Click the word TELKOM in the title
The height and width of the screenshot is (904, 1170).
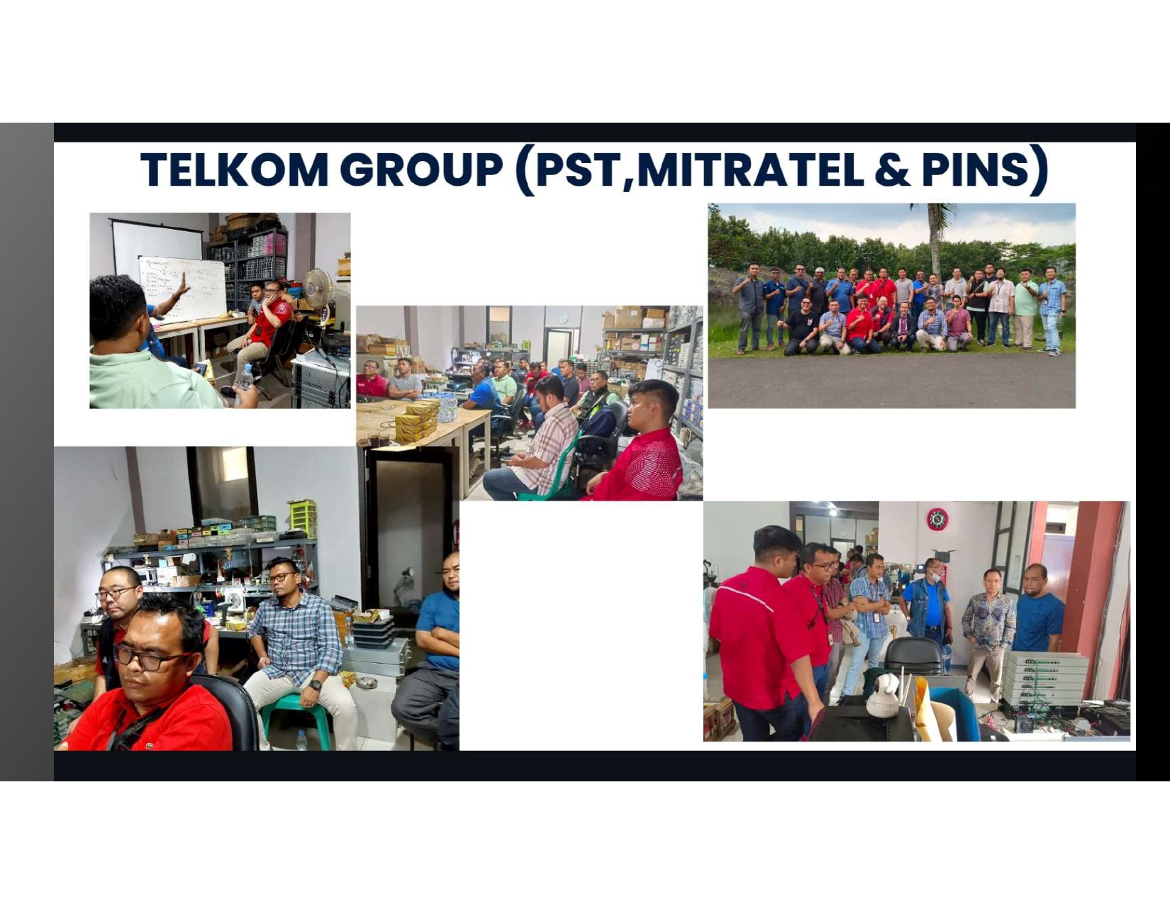[234, 169]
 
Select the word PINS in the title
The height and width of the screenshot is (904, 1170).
[975, 169]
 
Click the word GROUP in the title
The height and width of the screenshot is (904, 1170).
[422, 169]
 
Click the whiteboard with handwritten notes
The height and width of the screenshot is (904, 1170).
[182, 289]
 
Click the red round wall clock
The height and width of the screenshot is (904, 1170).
[937, 519]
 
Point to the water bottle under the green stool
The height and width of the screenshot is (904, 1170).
[301, 741]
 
